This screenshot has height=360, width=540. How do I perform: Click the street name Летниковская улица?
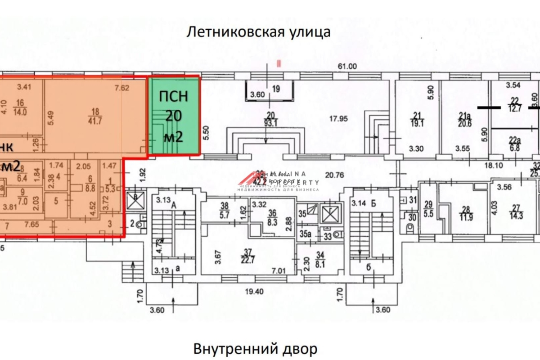tap(258, 32)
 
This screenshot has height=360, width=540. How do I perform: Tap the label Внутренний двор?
tap(256, 349)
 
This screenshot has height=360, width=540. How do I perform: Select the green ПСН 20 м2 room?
tap(174, 116)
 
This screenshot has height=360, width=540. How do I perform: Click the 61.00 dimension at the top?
tap(347, 66)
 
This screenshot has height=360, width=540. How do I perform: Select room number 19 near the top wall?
tap(276, 89)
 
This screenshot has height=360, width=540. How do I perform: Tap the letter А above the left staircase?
tap(173, 204)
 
